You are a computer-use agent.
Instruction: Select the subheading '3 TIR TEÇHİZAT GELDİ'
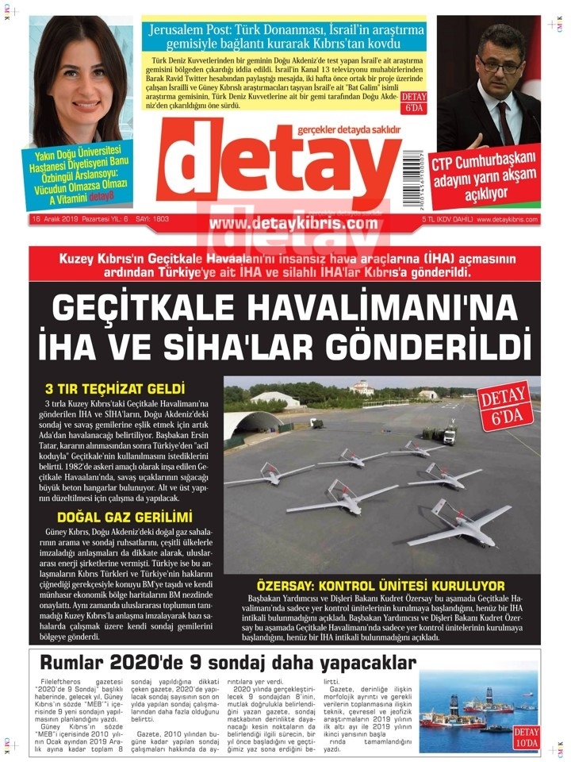coord(115,390)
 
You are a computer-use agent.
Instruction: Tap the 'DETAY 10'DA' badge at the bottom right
coord(526,736)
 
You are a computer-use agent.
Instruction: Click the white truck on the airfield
coord(449,435)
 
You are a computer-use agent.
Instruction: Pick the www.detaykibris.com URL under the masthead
coord(293,224)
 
